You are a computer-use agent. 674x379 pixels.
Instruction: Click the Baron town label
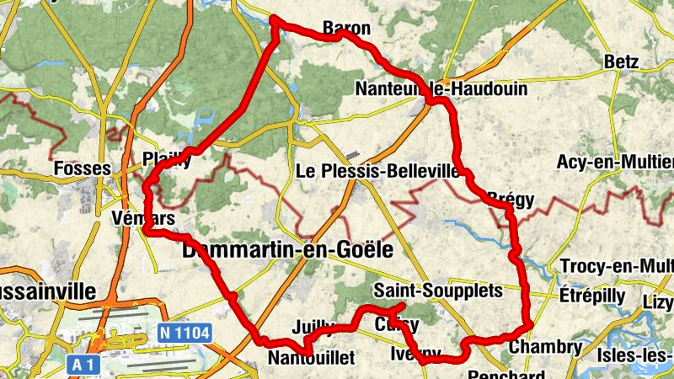click(x=346, y=28)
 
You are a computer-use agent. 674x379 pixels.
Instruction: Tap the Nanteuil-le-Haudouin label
click(x=441, y=88)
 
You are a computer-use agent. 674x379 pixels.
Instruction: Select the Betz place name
click(x=622, y=61)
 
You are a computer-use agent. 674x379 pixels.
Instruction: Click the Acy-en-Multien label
click(x=616, y=162)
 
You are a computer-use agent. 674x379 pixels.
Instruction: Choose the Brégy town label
click(x=511, y=200)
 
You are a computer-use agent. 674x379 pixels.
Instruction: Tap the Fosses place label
click(x=82, y=168)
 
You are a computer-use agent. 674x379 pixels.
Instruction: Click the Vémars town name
click(x=142, y=218)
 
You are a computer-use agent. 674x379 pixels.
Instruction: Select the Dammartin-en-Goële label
click(x=287, y=250)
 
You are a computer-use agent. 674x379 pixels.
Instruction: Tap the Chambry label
click(x=546, y=347)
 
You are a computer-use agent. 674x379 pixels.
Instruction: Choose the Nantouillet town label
click(x=311, y=358)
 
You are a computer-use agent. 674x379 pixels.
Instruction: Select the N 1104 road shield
click(x=183, y=334)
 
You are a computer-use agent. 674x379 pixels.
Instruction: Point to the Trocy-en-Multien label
click(x=618, y=267)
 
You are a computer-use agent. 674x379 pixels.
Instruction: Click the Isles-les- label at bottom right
click(x=634, y=355)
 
